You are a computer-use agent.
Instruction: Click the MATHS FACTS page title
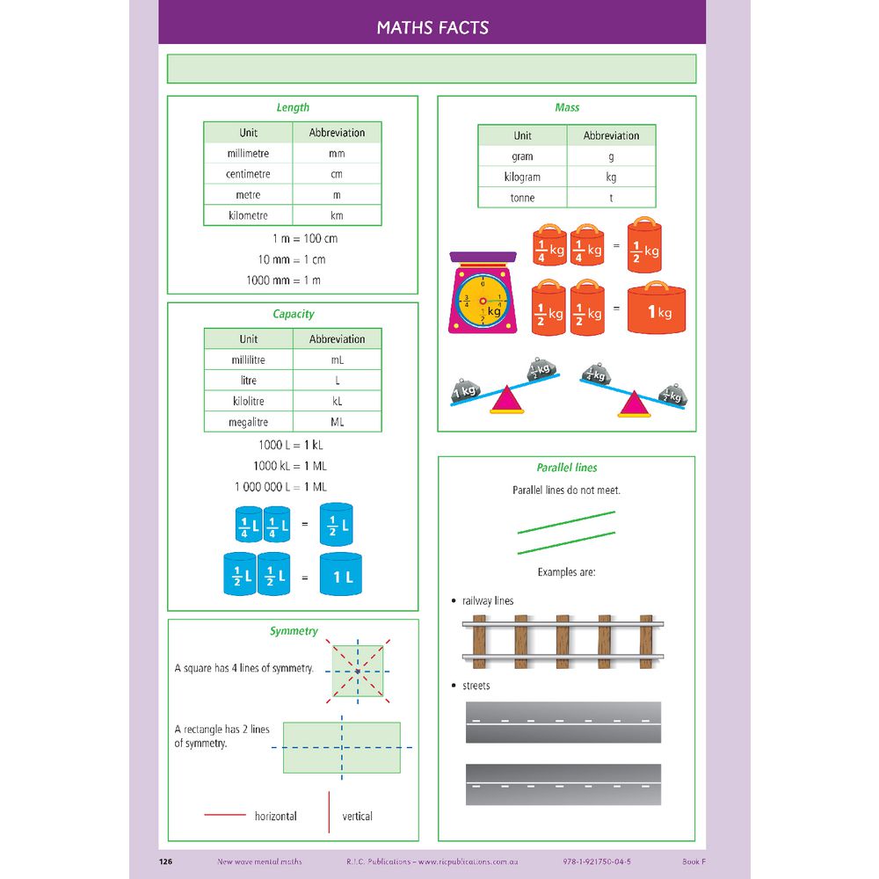tap(432, 27)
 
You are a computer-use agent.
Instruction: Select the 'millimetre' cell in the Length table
tap(248, 154)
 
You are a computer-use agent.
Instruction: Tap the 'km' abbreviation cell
tap(337, 215)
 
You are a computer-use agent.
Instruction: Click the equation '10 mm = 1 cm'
tap(292, 259)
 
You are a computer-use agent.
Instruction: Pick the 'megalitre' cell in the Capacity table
tap(248, 422)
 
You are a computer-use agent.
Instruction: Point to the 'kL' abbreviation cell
tap(337, 401)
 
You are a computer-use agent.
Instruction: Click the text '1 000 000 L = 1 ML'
tap(280, 487)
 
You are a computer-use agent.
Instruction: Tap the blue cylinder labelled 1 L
tap(341, 575)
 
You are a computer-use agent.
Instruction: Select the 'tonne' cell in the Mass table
tap(522, 198)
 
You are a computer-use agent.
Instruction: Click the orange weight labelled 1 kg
tap(657, 309)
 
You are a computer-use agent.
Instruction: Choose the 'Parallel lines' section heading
tap(567, 469)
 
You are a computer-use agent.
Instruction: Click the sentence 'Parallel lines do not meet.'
tap(566, 490)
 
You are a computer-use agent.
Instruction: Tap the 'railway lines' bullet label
tap(488, 601)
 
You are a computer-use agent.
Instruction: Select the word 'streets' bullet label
tap(476, 686)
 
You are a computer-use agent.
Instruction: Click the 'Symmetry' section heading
tap(294, 631)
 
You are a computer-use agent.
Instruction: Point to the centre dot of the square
tap(358, 672)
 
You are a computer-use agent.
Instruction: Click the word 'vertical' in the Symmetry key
tap(358, 817)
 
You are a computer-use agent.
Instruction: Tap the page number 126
tap(165, 861)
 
